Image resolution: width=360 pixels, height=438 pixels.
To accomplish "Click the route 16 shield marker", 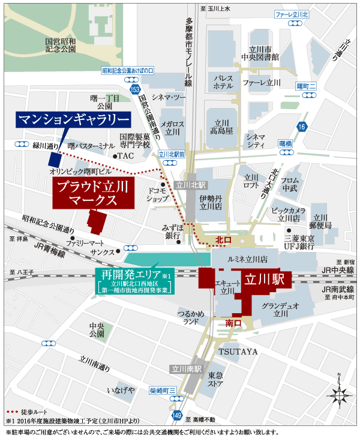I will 301,126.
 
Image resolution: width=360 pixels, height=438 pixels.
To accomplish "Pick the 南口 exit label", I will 232,323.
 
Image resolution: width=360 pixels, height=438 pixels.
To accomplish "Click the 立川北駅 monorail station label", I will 190,185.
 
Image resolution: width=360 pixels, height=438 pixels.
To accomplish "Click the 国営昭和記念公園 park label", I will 61,46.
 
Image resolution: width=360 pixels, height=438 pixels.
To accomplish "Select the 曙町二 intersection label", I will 310,86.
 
